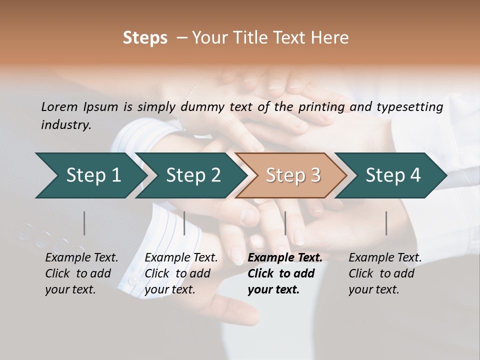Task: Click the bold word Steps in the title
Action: (145, 38)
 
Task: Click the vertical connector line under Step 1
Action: (84, 223)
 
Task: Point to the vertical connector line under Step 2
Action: (184, 223)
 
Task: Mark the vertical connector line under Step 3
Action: (285, 223)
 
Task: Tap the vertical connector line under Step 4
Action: (386, 223)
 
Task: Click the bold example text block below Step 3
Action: (285, 273)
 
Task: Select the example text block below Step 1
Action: (81, 273)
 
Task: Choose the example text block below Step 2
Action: (181, 273)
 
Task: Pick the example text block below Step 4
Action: (385, 273)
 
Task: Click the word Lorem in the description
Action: (59, 106)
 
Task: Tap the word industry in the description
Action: (65, 125)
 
